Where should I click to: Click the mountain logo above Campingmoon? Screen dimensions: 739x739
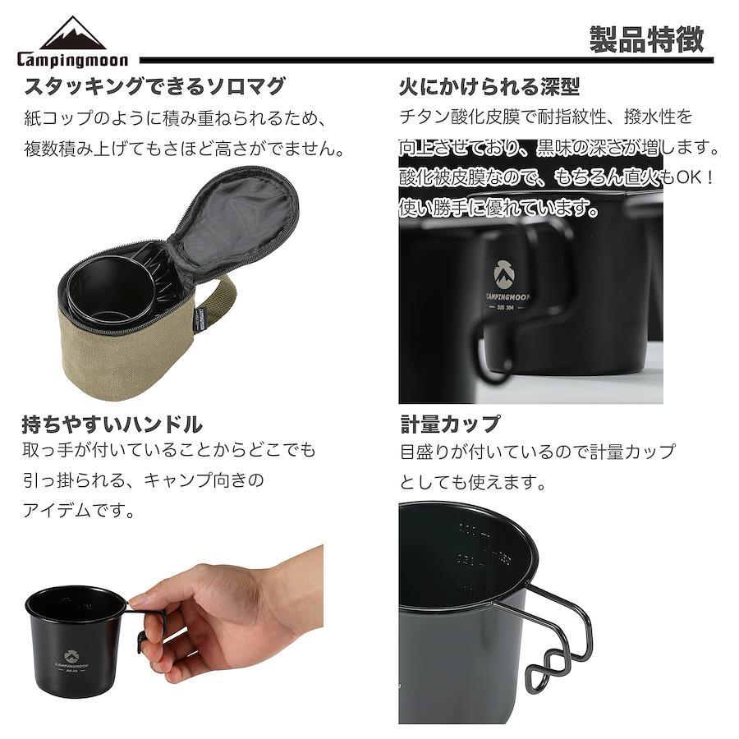[72, 33]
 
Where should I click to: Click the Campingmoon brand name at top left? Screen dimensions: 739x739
[72, 59]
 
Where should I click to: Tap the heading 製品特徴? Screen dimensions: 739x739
[647, 39]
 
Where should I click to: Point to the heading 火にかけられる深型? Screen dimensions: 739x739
[489, 87]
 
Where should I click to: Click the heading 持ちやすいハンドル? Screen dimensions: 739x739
[112, 425]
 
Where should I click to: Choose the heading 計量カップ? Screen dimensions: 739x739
[450, 424]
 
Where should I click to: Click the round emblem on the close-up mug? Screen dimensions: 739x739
[504, 274]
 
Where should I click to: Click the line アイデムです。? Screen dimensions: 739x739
[78, 510]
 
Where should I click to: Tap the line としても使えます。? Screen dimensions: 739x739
[473, 482]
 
